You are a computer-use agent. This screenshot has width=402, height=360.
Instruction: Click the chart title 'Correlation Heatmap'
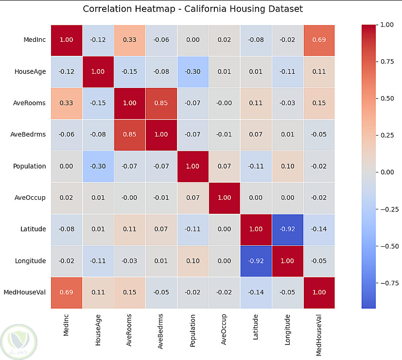(193, 9)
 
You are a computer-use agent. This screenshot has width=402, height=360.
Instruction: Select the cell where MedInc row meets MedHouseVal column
(319, 39)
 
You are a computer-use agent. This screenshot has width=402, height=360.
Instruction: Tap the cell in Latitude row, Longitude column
(288, 229)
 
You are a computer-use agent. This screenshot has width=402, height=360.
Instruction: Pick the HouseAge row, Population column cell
(193, 71)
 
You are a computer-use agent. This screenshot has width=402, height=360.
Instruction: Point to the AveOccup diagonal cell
(225, 198)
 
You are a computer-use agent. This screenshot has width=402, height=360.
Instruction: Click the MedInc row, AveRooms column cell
(130, 39)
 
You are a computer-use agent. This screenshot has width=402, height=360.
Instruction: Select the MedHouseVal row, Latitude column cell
(256, 292)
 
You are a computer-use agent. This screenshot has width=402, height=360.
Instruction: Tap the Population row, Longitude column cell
(288, 166)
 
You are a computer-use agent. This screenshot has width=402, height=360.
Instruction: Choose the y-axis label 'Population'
(30, 166)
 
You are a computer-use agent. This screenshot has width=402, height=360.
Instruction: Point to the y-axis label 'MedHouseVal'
(25, 292)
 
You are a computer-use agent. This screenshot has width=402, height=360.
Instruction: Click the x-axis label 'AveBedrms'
(161, 329)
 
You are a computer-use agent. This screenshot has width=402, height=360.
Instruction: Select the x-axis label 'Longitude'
(288, 329)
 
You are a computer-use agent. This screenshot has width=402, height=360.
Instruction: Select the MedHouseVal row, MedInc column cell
(67, 292)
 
